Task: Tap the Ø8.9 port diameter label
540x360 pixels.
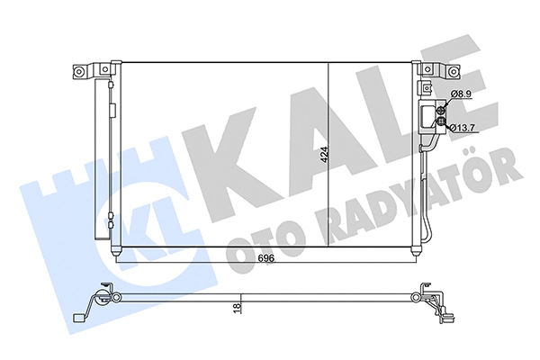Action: (462, 94)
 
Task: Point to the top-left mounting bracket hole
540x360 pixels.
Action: (81, 69)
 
